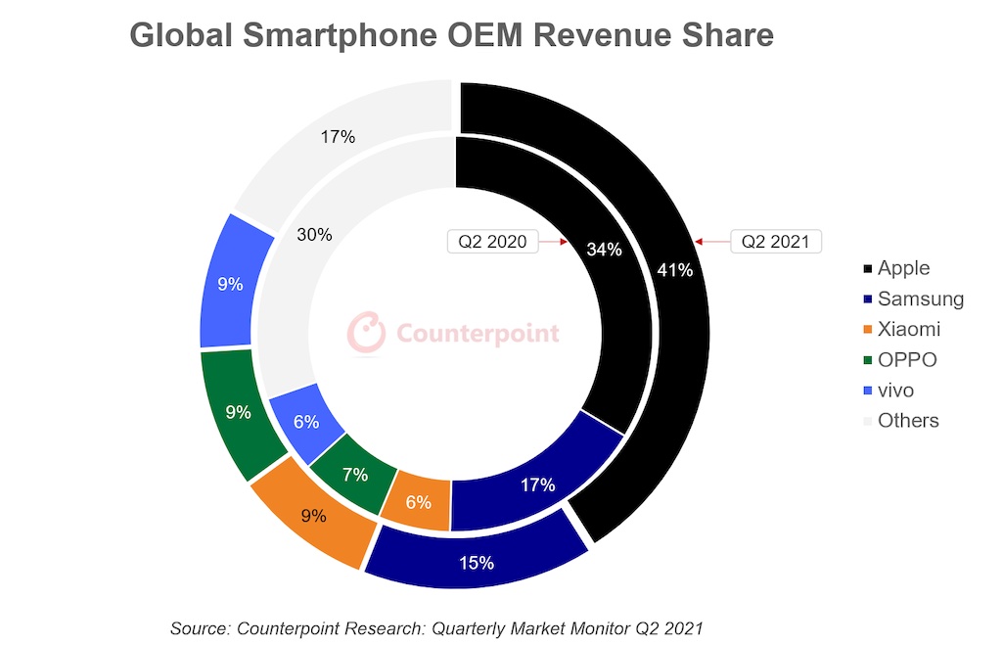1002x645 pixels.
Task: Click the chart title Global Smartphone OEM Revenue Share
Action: pyautogui.click(x=451, y=35)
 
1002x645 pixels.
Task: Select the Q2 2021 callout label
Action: pyautogui.click(x=776, y=241)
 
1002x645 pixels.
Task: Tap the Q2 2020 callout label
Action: pyautogui.click(x=493, y=241)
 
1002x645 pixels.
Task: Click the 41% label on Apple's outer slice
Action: pyautogui.click(x=675, y=270)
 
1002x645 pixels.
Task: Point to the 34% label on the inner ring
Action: pyautogui.click(x=604, y=249)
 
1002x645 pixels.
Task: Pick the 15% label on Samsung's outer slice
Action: pyautogui.click(x=477, y=563)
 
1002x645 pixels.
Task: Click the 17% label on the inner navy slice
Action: pyautogui.click(x=537, y=484)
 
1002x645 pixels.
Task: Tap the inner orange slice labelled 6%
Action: pyautogui.click(x=417, y=501)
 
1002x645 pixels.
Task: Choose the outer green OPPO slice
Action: pyautogui.click(x=238, y=413)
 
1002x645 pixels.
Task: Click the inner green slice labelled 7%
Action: pyautogui.click(x=354, y=475)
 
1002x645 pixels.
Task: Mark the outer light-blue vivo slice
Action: pyautogui.click(x=231, y=285)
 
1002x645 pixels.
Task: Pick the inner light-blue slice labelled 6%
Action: pyautogui.click(x=305, y=423)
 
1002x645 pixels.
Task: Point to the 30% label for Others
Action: pyautogui.click(x=316, y=235)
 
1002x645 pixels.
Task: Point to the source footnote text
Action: pyautogui.click(x=436, y=626)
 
